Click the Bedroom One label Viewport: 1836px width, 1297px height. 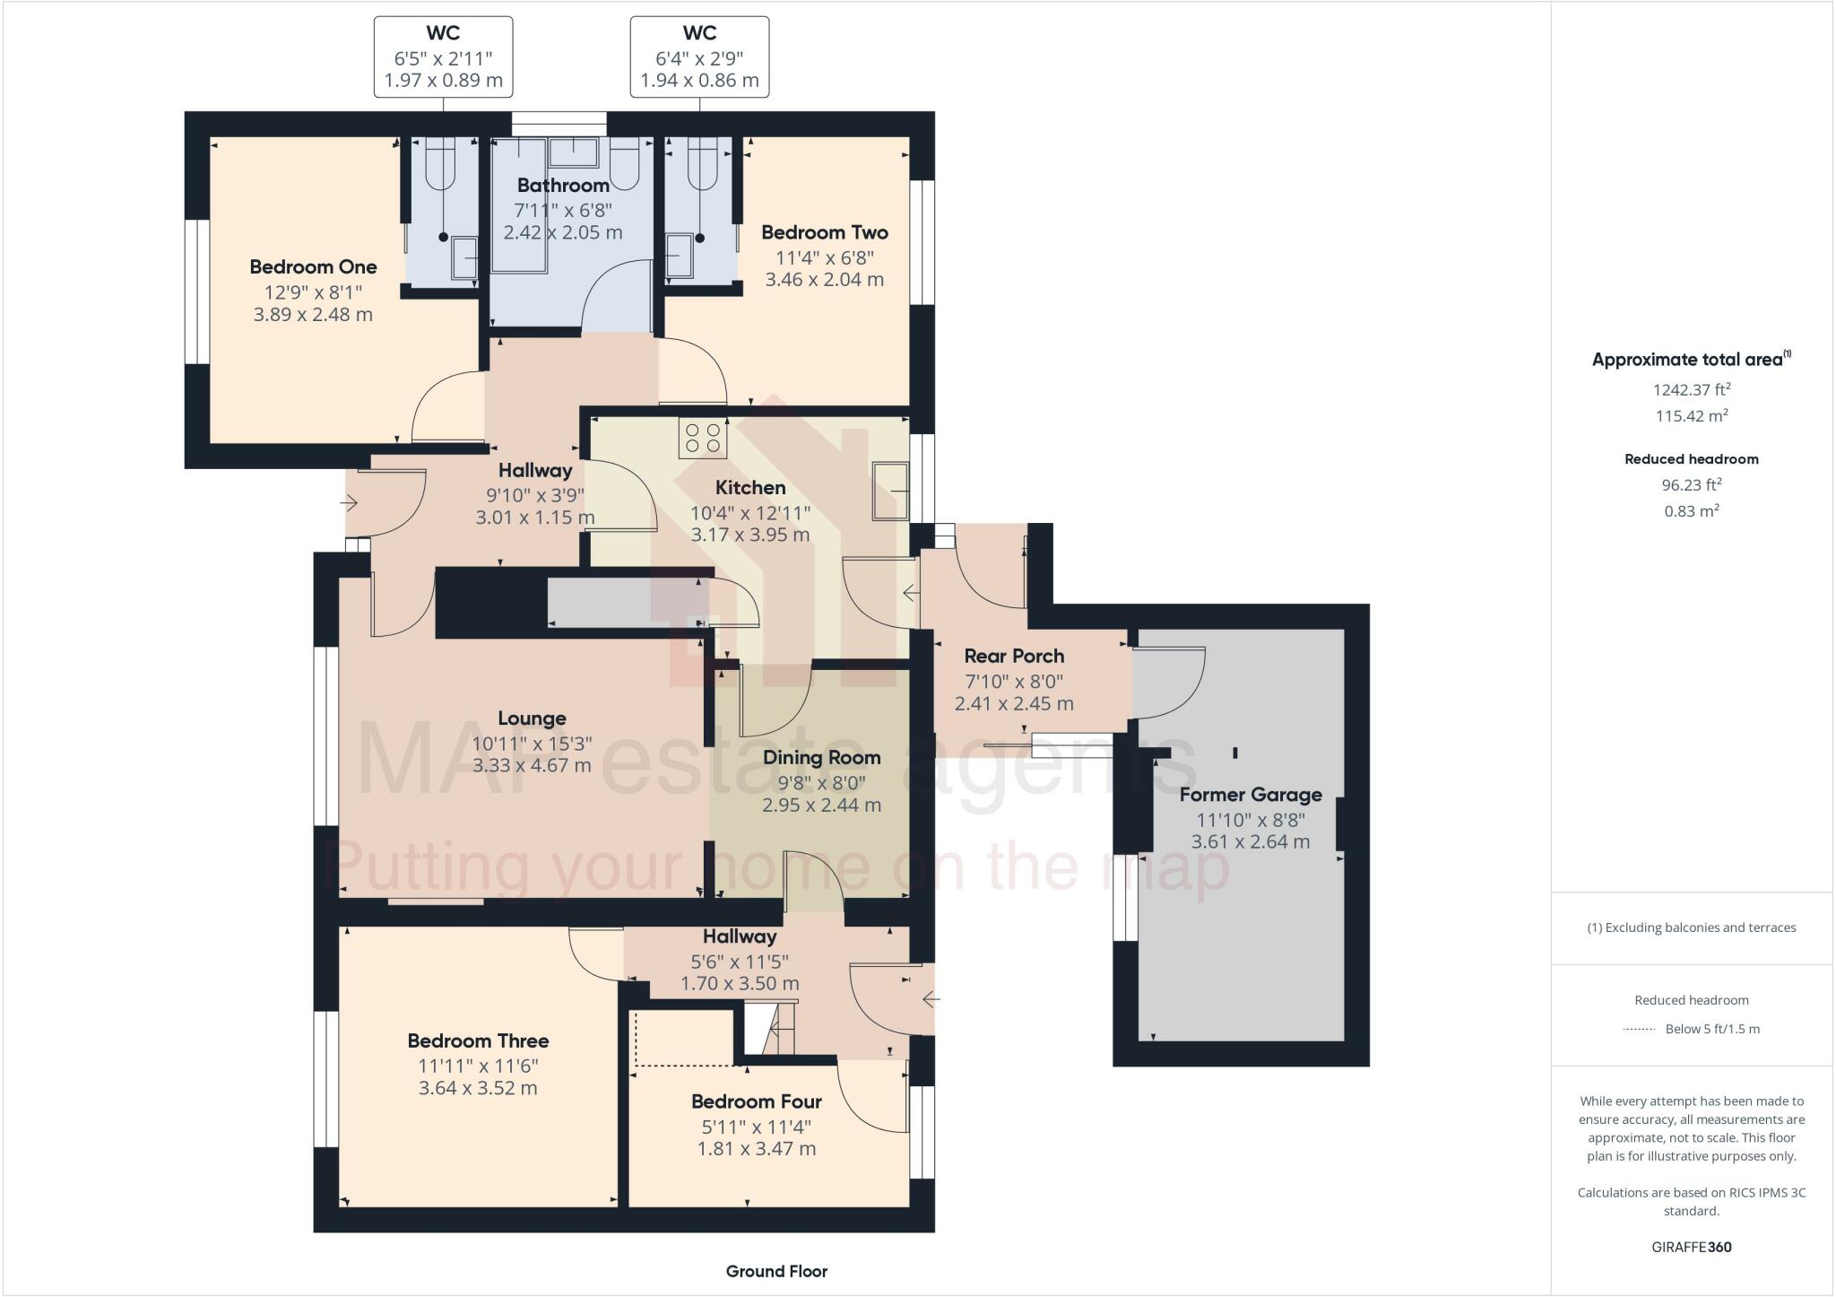[313, 266]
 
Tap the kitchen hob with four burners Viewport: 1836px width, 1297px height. [703, 438]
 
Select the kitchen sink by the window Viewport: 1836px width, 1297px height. [890, 491]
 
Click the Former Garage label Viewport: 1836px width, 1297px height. [1250, 795]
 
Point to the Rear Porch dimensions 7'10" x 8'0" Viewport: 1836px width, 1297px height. [1014, 681]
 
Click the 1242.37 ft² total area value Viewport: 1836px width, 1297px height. [1691, 389]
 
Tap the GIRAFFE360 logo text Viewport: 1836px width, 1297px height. [1691, 1247]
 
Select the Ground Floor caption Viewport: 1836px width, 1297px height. [776, 1271]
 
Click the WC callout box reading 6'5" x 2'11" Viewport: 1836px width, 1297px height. [443, 57]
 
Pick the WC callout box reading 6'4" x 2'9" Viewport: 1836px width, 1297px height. [699, 57]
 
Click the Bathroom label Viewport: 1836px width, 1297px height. [563, 186]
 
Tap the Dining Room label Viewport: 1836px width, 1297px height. [821, 757]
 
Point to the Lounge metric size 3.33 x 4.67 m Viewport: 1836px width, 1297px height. [532, 766]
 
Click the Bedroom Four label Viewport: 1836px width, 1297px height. [756, 1101]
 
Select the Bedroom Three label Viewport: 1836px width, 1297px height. [478, 1040]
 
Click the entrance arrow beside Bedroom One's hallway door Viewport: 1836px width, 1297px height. [349, 503]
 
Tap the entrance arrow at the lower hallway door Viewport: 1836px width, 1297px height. [931, 997]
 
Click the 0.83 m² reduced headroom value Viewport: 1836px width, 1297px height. [1691, 511]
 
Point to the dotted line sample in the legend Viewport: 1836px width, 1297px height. [1639, 1029]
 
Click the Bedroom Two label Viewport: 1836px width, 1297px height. [824, 232]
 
